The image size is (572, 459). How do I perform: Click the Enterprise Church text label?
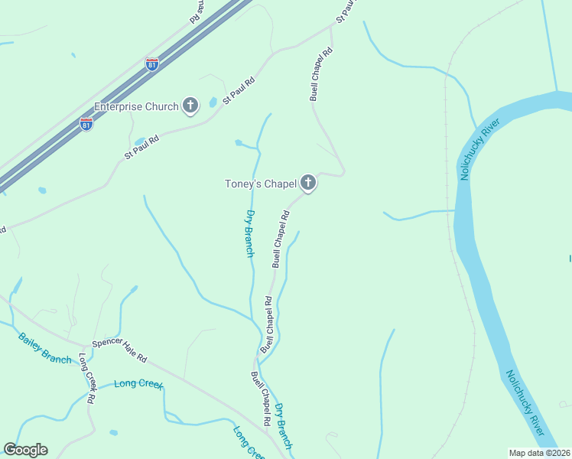point(136,106)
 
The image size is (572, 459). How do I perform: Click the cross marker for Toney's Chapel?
point(308,182)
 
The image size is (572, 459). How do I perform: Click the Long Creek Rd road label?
point(86,379)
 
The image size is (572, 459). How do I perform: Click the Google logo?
point(25,450)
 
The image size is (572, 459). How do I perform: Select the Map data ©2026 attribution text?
point(539,453)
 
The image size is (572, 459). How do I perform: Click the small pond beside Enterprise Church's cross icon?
point(212,103)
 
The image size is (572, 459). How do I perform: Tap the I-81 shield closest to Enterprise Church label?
point(86,123)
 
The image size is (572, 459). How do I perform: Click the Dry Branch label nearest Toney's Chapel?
point(249,233)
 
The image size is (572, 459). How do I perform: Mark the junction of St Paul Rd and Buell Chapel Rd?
point(332,27)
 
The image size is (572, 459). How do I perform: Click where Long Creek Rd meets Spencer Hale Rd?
point(80,345)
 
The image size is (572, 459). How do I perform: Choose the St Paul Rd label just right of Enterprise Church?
point(239,90)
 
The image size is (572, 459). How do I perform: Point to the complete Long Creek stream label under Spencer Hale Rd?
point(138,384)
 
